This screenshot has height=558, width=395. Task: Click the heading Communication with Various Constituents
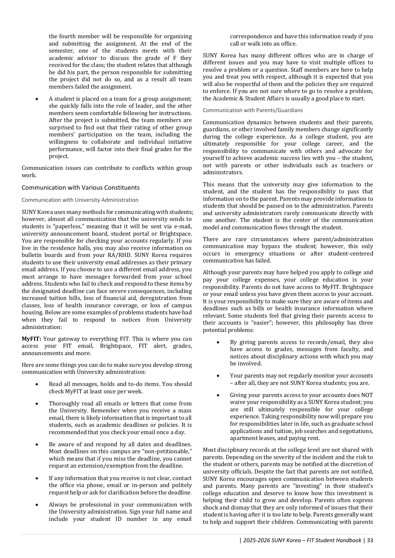pos(80,187)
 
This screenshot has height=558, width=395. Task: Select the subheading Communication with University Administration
pos(80,200)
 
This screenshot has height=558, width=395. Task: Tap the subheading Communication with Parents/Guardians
pos(253,110)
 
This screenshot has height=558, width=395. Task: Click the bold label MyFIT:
pos(31,339)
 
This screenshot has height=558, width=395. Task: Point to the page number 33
pos(370,540)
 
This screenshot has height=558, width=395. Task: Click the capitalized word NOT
pos(367,395)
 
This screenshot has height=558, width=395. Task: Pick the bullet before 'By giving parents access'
pos(218,342)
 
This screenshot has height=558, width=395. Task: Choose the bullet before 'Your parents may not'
pos(218,376)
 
